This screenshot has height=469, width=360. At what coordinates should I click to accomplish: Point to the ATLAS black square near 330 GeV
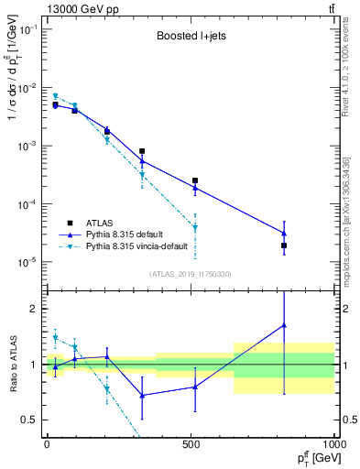point(142,151)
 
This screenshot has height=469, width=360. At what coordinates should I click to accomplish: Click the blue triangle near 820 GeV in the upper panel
point(284,234)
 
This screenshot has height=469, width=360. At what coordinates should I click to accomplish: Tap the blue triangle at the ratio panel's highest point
point(284,325)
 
